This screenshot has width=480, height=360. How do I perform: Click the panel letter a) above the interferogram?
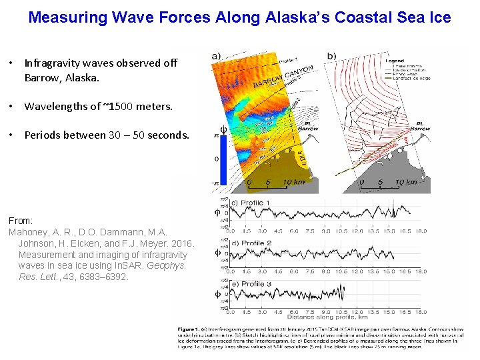point(217,56)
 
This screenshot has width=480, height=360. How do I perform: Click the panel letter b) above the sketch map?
point(331,56)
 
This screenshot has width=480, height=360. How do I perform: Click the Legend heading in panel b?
point(394,61)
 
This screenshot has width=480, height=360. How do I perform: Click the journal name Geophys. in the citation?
point(171,265)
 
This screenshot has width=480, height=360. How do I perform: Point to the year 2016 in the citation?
point(183,244)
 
